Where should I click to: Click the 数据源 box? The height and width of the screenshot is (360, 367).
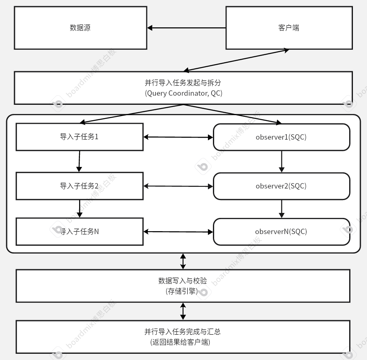[80, 28]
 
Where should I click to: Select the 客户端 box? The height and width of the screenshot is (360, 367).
[289, 28]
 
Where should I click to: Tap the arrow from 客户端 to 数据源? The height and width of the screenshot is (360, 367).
[186, 28]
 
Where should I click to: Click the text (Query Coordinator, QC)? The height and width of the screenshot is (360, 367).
[183, 93]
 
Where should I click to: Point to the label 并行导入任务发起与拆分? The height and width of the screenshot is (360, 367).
[183, 83]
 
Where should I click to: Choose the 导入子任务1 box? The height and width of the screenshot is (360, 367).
[80, 137]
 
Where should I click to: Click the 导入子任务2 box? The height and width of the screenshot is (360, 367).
[80, 186]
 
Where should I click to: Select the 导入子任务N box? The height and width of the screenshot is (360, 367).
[80, 232]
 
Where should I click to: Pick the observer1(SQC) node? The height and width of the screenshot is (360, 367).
[281, 137]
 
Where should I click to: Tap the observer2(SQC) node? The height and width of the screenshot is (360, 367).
[281, 186]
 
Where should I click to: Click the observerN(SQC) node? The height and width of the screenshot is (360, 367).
[281, 232]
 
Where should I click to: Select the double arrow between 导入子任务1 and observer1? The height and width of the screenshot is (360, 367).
[178, 137]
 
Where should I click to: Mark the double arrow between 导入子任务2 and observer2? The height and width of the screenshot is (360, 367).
[178, 186]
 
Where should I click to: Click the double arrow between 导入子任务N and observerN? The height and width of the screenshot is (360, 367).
[178, 232]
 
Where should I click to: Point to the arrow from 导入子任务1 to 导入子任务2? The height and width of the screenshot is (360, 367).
[79, 161]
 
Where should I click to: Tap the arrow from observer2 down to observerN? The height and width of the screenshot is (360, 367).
[282, 209]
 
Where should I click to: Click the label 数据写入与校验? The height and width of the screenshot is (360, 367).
[183, 281]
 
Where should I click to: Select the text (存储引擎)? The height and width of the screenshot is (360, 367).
[183, 291]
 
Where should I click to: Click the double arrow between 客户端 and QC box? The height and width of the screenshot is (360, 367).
[236, 60]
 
